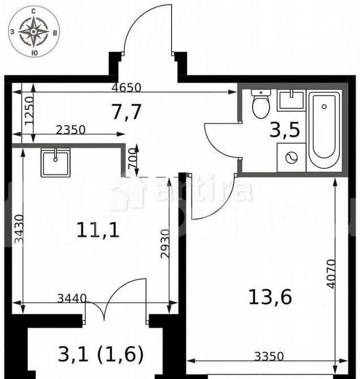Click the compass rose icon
(x=33, y=32)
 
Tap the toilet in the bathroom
(x=261, y=104)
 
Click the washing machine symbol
(x=291, y=158)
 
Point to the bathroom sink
(x=292, y=101)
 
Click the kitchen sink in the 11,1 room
(x=55, y=163)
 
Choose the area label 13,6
(x=270, y=296)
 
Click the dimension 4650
(x=127, y=87)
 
